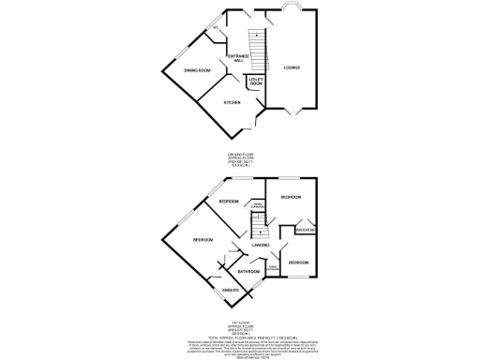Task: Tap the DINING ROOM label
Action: click(x=196, y=71)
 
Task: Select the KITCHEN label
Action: click(x=232, y=102)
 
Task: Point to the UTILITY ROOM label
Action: click(x=255, y=82)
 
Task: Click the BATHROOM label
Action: click(x=247, y=272)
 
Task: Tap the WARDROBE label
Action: click(x=305, y=229)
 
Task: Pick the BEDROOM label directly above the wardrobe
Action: click(x=291, y=198)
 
